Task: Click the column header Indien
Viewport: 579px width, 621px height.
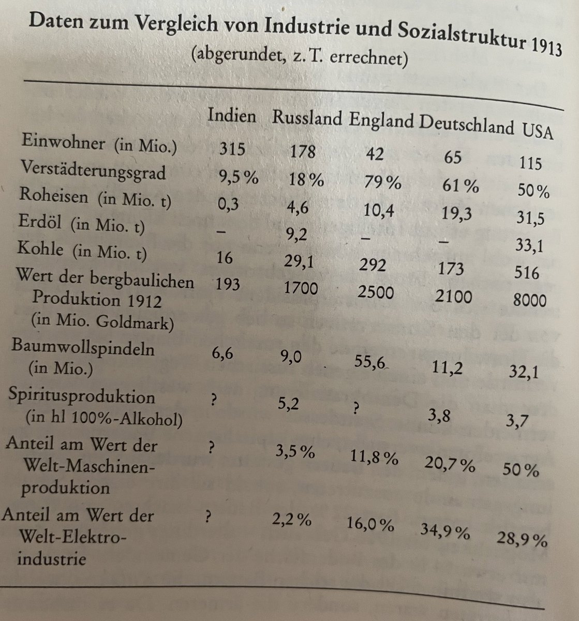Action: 231,115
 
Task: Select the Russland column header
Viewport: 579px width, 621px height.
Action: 307,119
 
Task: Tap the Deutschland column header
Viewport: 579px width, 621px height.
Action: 466,124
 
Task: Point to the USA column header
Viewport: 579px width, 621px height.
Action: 537,131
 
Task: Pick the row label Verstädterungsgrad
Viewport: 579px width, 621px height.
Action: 93,170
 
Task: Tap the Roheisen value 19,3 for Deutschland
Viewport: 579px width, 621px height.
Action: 457,214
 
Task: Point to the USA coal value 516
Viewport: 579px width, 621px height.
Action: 527,273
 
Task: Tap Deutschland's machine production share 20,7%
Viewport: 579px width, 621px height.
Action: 449,464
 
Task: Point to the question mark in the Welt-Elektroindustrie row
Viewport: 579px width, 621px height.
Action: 209,516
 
